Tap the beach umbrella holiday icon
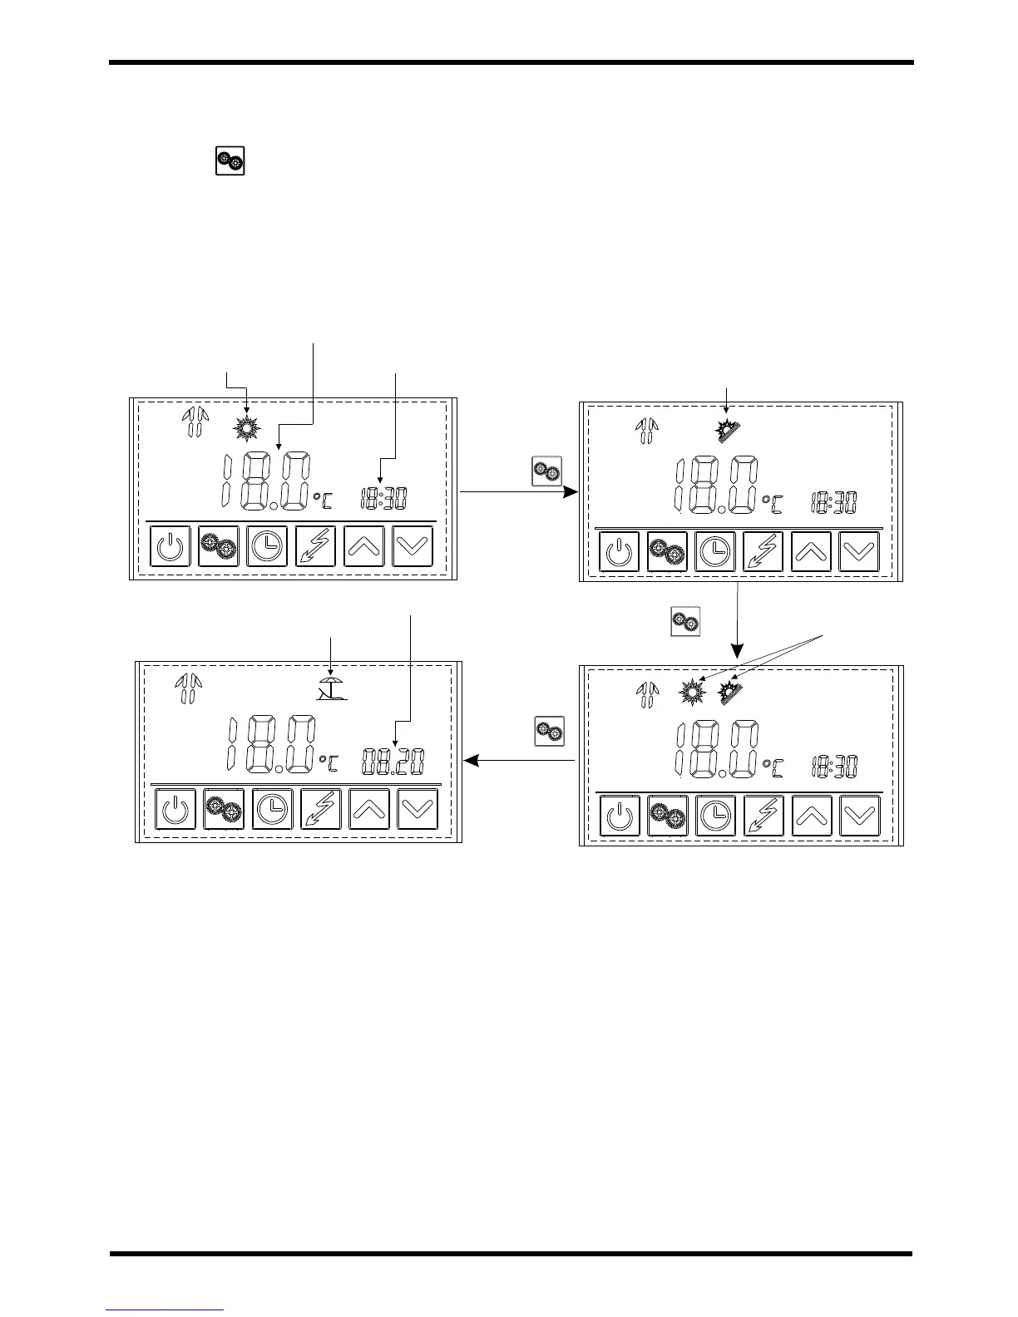[x=332, y=688]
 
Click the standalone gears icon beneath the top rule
[x=230, y=160]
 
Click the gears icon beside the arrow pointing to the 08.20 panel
[x=549, y=731]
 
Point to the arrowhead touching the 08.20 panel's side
[x=470, y=760]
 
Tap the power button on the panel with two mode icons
[x=619, y=815]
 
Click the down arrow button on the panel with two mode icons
[x=859, y=815]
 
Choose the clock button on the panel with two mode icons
[x=715, y=815]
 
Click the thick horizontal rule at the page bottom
[x=511, y=1254]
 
